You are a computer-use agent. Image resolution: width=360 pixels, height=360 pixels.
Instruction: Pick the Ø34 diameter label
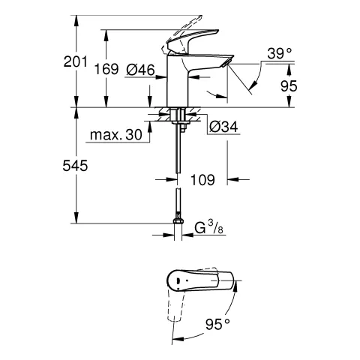tap(223, 128)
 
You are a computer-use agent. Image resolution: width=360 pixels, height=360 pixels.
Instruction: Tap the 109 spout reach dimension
tap(202, 180)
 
